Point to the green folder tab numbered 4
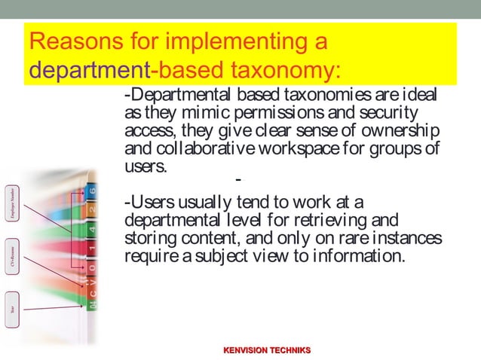[92, 228]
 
